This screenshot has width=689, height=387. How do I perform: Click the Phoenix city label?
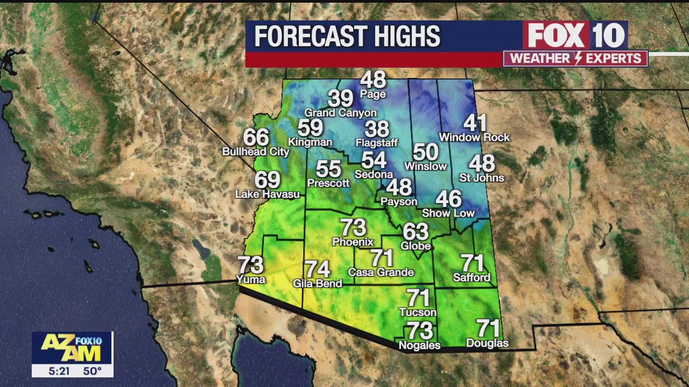[x=353, y=242]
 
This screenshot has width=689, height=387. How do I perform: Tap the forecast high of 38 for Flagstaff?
[x=377, y=129]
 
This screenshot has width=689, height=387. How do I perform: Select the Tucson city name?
[x=418, y=312]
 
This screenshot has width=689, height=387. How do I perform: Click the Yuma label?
[x=251, y=279]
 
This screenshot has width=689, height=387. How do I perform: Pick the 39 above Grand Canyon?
[x=340, y=99]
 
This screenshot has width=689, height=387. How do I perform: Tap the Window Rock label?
[x=474, y=138]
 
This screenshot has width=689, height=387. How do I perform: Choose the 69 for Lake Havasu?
[x=268, y=180]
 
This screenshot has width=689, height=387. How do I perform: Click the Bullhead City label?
[x=256, y=152]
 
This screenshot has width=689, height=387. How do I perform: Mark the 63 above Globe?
[x=416, y=232]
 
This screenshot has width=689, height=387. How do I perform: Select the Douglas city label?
[x=487, y=343]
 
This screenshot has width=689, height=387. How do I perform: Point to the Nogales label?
[x=419, y=346]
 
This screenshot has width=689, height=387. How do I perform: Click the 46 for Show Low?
[x=448, y=199]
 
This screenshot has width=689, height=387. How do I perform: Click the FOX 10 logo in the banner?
[x=575, y=35]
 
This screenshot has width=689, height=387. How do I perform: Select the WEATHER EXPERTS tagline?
[x=575, y=59]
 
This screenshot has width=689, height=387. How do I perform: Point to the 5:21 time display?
[x=59, y=371]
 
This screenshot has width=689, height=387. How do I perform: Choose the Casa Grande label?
[x=381, y=273]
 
